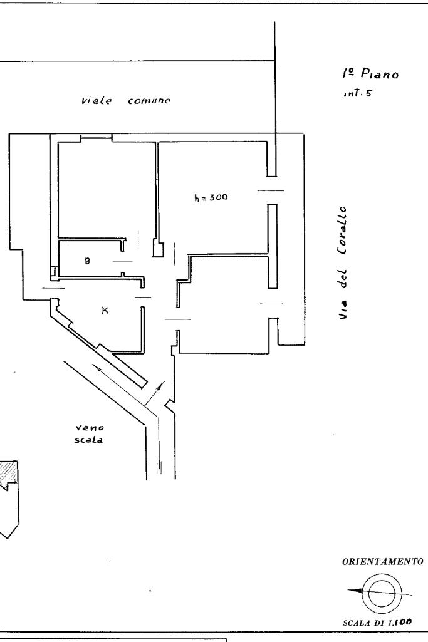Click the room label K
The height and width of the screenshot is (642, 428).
[105, 309]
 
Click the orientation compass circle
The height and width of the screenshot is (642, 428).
[380, 592]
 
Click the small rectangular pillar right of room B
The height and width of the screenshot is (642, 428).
[159, 249]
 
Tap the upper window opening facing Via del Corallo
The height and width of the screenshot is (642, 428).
[271, 190]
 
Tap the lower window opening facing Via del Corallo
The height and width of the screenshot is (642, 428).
[271, 304]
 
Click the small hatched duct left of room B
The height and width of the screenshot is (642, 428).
[54, 272]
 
